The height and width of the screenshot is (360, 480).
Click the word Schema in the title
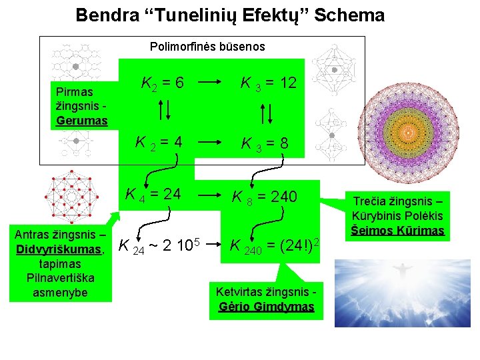350,15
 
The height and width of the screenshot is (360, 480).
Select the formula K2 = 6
163,83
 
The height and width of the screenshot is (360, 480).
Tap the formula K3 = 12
269,83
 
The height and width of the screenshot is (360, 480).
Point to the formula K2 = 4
159,143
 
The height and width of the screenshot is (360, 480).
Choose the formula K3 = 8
265,143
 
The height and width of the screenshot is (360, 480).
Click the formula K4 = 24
154,195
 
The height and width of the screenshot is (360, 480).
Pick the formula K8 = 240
269,197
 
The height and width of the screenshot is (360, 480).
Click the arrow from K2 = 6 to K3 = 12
209,84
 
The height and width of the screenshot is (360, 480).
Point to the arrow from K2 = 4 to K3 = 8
209,143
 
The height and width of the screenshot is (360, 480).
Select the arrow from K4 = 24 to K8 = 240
209,196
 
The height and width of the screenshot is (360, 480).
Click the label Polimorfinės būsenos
207,47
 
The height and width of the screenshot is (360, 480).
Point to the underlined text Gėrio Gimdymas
266,307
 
